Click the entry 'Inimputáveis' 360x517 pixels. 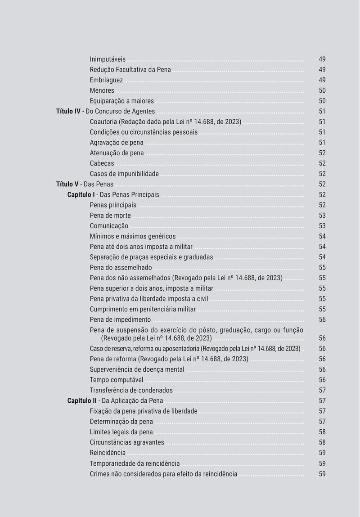coord(108,59)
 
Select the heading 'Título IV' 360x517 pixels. coord(68,112)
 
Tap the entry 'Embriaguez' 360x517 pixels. coord(106,80)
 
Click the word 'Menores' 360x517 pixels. coord(102,90)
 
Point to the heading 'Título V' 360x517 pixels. coord(67,184)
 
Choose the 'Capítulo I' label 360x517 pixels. coord(81,195)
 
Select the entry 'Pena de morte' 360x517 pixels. coord(110,216)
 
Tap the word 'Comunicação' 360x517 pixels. coord(109,226)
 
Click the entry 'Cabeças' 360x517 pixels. coord(102,163)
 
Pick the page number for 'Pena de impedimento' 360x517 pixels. coord(322,320)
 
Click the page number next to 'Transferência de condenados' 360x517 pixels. coord(322,391)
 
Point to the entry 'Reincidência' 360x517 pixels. coord(108,453)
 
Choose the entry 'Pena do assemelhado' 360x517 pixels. coord(121,268)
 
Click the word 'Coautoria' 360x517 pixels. coord(104,122)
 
